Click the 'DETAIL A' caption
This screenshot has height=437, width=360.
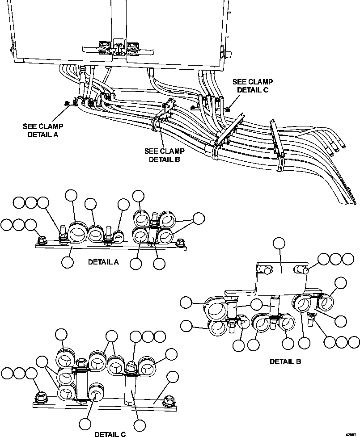tap(103, 262)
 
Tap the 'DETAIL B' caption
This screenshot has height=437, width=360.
tap(285, 361)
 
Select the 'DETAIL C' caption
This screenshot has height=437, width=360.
tap(110, 433)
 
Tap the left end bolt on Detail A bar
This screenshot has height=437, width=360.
tap(41, 240)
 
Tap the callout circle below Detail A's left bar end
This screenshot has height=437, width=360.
tap(68, 262)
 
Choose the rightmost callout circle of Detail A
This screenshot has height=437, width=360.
tap(198, 218)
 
